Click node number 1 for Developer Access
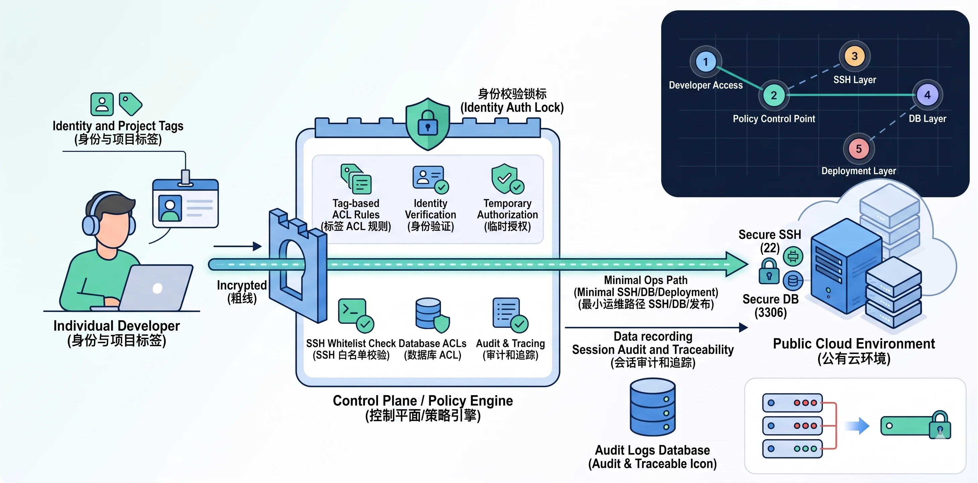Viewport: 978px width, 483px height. coord(705,62)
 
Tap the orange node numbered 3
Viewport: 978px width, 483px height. coord(854,56)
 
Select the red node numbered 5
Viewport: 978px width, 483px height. coord(859,149)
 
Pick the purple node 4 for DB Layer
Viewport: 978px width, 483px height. coord(927,95)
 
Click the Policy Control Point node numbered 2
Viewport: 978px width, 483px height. coord(774,95)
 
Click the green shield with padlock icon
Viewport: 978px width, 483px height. coord(428,124)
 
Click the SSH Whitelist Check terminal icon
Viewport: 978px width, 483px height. coord(355,314)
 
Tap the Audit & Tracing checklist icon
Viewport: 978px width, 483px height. coord(509,314)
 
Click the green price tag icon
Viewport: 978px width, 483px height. coord(130,103)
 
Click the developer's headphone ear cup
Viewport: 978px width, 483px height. coord(90,225)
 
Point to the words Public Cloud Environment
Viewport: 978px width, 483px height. coord(853,343)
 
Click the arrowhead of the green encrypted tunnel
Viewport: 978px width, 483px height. coord(737,264)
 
